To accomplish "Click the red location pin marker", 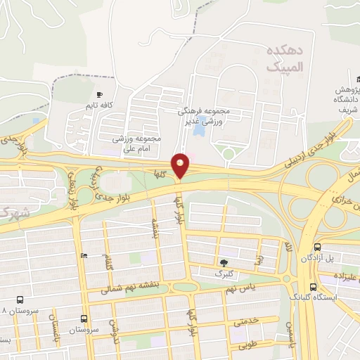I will coord(181,165).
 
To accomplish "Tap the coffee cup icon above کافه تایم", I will coord(99,94).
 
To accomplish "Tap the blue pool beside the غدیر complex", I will coord(199,130).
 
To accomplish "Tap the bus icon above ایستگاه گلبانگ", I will coord(312,287).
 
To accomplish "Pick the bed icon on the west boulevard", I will coord(85,256).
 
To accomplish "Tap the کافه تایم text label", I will coord(99,105).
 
